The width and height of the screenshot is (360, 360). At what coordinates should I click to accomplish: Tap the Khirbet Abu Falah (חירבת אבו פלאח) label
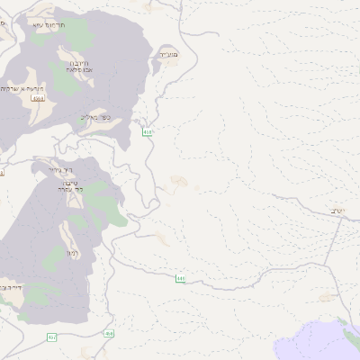click(77, 66)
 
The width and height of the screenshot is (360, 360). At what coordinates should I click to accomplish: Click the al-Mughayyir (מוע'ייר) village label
click(168, 55)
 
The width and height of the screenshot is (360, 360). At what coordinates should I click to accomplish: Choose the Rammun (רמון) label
click(70, 253)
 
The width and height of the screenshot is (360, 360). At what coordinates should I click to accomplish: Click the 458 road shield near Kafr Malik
click(147, 133)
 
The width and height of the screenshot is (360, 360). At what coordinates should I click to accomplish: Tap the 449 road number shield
click(181, 279)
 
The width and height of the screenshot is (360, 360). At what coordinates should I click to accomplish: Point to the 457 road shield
click(51, 337)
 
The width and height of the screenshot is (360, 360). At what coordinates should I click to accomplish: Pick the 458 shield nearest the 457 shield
click(110, 334)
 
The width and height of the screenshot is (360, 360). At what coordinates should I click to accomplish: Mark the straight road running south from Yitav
click(337, 261)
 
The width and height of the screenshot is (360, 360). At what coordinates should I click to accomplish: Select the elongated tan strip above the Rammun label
click(67, 236)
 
